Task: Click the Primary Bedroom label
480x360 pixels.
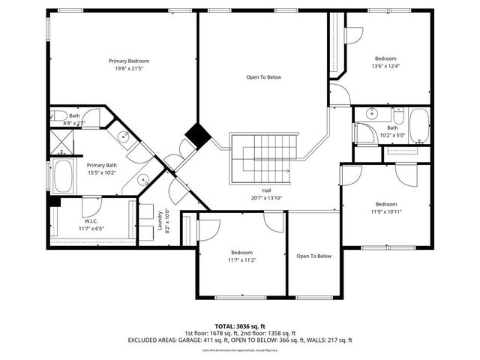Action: pos(128,61)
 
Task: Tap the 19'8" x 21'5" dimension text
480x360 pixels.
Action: pos(128,69)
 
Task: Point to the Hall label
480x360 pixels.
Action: pos(266,190)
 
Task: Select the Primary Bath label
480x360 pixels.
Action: pos(102,165)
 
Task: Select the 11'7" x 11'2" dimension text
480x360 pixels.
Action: pos(241,260)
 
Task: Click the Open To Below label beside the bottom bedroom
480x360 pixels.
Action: pos(313,256)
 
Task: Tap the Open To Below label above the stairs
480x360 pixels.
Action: pos(263,77)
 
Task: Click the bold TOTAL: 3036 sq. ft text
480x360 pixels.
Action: pos(240,325)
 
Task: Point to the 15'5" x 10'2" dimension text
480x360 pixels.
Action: pos(102,173)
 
